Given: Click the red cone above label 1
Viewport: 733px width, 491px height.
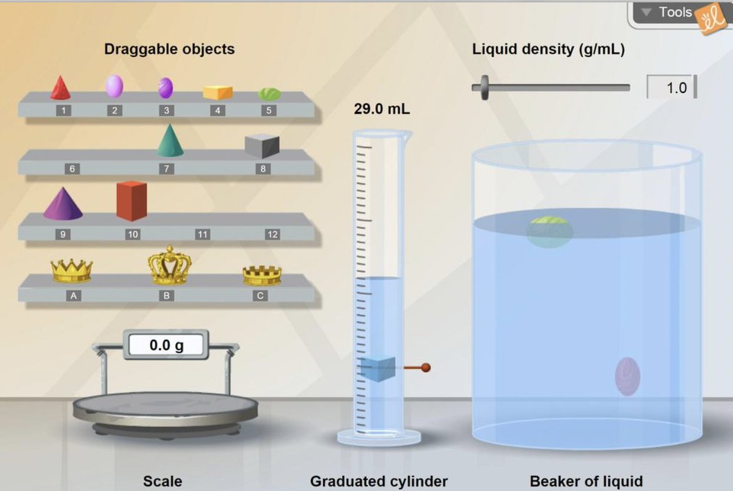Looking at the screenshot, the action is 60,88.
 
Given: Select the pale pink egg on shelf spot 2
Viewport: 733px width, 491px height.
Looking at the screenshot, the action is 114,86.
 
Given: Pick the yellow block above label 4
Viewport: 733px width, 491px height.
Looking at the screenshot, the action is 217,92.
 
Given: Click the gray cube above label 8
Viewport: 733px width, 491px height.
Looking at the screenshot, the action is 262,146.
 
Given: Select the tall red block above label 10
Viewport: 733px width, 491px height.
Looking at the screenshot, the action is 131,201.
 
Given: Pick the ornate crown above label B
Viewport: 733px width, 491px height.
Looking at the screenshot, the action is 170,265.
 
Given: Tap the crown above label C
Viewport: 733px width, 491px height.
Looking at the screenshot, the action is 262,276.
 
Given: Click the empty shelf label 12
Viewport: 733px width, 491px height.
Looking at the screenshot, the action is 272,234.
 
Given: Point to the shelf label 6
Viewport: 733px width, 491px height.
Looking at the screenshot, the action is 72,169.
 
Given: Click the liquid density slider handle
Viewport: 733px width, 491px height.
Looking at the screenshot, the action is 484,87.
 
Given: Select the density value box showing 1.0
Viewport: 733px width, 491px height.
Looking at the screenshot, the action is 671,87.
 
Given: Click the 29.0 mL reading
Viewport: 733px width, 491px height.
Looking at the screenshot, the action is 382,109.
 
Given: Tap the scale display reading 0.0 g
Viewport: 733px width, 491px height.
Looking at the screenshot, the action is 166,345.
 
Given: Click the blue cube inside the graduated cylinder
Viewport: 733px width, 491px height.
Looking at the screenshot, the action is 378,369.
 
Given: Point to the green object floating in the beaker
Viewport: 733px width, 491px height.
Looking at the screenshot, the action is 549,232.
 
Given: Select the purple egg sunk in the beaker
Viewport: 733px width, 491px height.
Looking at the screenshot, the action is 627,377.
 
